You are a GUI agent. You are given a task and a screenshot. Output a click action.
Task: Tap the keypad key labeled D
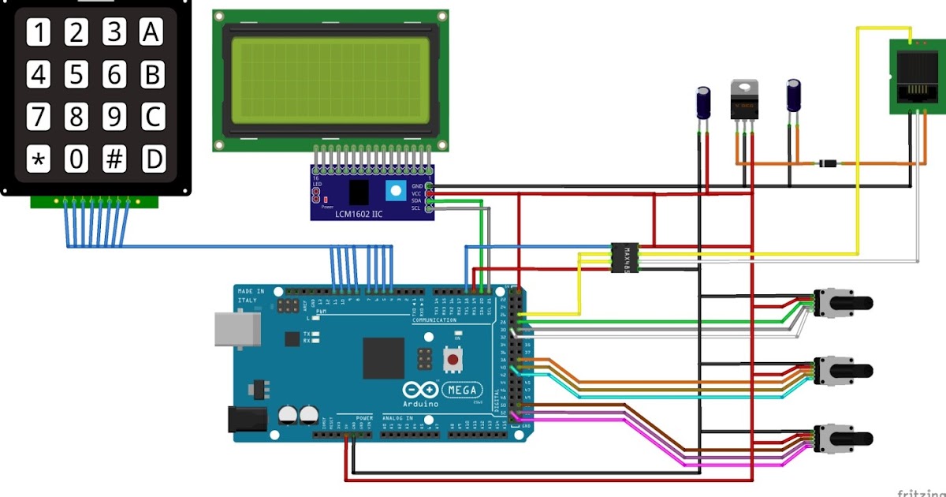click(153, 159)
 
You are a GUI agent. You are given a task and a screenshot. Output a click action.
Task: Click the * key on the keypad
click(38, 159)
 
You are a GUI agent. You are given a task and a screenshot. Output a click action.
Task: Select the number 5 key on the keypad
click(76, 75)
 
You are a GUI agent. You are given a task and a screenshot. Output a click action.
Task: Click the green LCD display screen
click(330, 79)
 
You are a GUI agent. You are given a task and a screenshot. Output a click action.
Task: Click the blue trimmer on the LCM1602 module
click(396, 190)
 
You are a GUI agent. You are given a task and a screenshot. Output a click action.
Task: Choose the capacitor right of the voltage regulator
click(795, 95)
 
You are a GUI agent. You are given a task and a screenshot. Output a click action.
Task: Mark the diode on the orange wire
click(827, 163)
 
